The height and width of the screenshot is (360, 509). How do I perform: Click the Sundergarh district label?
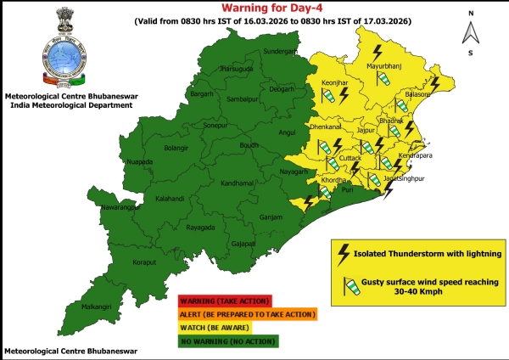pos(282,51)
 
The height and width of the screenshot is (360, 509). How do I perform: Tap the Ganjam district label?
pos(271,217)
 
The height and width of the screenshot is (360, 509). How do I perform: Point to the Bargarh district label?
pos(200,94)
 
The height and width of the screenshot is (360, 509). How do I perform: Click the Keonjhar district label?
pos(334,82)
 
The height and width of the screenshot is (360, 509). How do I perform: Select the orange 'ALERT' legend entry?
pos(247,314)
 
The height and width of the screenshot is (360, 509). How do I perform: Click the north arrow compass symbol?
pos(468,31)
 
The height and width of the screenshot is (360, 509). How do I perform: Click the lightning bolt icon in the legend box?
pos(344,252)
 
